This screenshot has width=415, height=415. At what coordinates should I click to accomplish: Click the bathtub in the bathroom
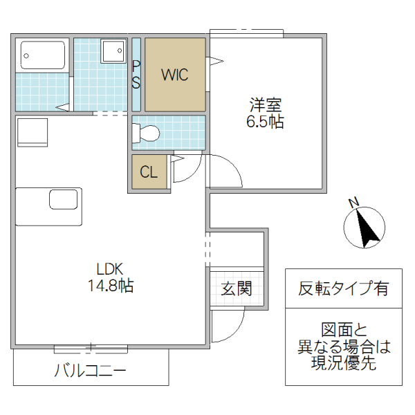[x=43, y=55]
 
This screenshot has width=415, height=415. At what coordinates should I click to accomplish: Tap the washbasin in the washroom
[x=112, y=51]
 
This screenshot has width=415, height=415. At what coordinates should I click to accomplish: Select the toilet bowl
[x=146, y=132]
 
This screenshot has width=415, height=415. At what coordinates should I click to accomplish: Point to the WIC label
[x=174, y=75]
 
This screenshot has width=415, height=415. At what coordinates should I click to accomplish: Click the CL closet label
[x=149, y=173]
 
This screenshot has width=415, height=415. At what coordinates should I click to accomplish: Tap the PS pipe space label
[x=136, y=74]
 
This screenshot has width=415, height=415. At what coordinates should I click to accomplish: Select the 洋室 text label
[x=266, y=106]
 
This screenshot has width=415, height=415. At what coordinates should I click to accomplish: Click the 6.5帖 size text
[x=266, y=122]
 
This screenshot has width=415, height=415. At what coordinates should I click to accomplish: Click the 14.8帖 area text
[x=109, y=285]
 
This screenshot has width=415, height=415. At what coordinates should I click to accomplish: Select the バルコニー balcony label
[x=90, y=371]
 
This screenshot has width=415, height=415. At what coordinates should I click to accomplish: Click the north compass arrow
[x=365, y=228]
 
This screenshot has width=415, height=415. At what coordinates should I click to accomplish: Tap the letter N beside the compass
[x=353, y=203]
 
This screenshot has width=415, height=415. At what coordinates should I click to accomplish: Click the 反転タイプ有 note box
[x=343, y=288]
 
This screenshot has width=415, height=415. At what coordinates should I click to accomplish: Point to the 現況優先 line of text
[x=344, y=364]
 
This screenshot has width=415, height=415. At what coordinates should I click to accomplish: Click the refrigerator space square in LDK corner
[x=32, y=131]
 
